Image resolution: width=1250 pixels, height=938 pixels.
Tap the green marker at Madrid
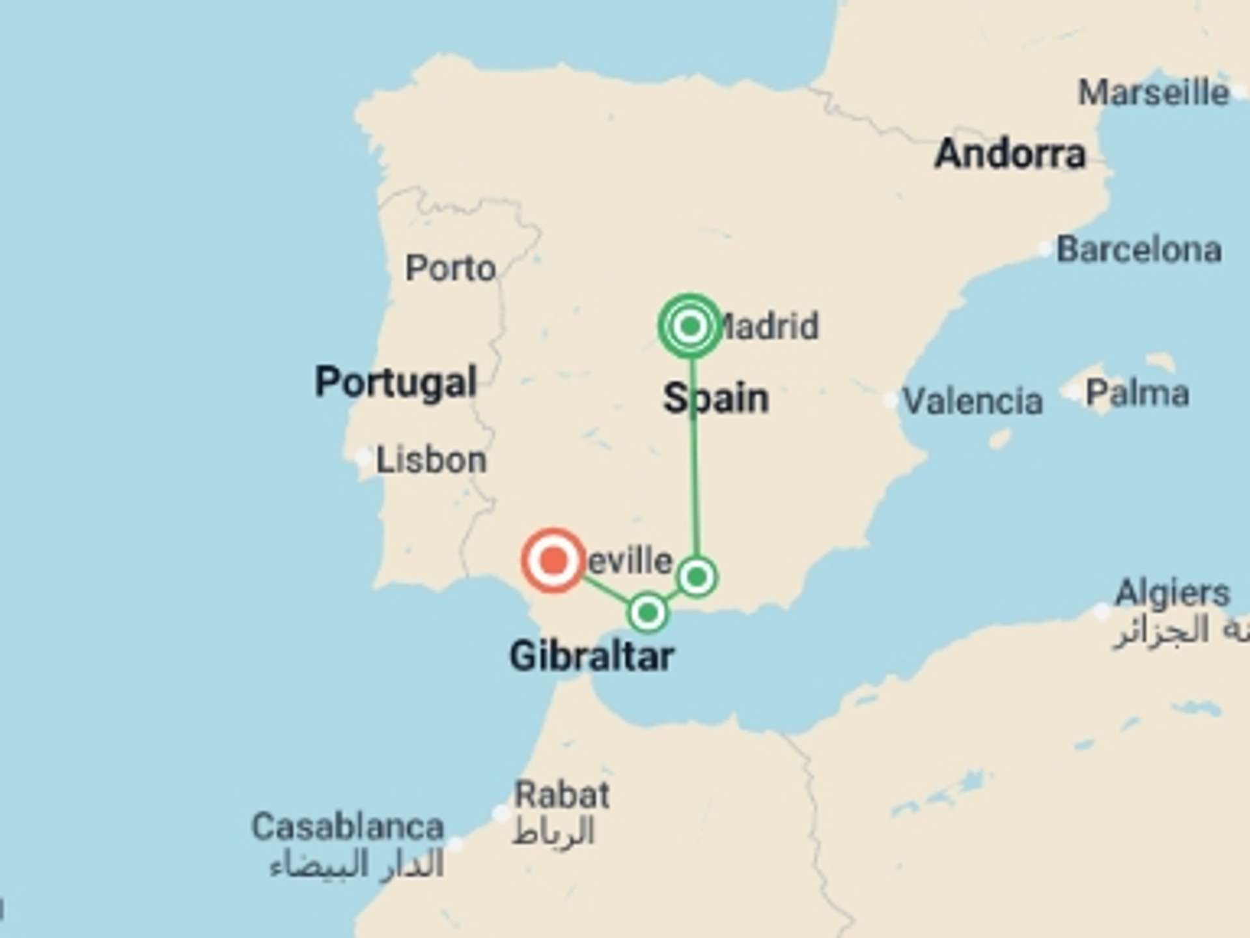tap(690, 325)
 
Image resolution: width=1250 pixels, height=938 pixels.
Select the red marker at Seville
tap(553, 560)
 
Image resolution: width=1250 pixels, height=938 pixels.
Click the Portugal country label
tap(396, 382)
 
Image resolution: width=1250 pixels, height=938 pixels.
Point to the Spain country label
tap(715, 398)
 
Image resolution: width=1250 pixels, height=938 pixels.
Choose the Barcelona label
tap(1139, 249)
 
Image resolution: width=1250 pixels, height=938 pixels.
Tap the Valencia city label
tap(973, 401)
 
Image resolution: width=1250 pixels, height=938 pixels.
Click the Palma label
tap(1137, 393)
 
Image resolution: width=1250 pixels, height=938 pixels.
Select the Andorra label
tap(1010, 154)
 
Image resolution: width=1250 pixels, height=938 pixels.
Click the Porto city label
tap(451, 268)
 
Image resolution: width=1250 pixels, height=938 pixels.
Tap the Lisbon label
tap(431, 460)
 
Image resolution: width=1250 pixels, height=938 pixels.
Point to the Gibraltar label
tap(591, 656)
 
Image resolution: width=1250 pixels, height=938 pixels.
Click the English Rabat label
tap(562, 795)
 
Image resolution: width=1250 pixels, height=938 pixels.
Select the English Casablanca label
tap(348, 827)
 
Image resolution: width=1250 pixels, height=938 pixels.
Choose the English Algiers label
tap(1172, 593)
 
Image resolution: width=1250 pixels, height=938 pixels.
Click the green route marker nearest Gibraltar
tap(648, 612)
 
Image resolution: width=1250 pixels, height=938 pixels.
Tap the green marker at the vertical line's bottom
tap(697, 576)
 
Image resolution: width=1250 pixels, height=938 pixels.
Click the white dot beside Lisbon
tap(363, 457)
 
